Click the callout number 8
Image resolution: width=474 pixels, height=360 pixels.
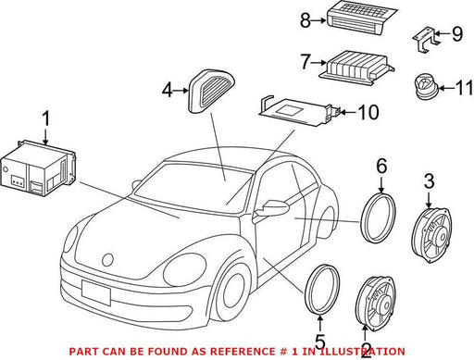(306, 21)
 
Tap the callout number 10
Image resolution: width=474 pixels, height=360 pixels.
(368, 112)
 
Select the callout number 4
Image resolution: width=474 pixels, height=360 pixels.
(168, 91)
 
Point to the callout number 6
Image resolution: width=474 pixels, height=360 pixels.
(381, 167)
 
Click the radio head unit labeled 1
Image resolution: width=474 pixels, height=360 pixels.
(38, 168)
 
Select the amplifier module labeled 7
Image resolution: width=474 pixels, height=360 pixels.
(356, 68)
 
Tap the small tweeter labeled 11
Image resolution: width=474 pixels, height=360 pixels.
(426, 86)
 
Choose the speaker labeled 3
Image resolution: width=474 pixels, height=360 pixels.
(432, 235)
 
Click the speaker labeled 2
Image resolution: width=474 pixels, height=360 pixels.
(376, 304)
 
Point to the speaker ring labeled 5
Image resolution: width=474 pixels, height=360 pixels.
(322, 289)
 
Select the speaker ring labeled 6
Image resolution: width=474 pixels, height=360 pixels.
(378, 217)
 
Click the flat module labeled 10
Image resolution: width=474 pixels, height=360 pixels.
(299, 111)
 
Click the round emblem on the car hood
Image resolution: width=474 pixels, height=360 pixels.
(107, 260)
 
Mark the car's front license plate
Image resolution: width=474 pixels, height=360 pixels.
(96, 292)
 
